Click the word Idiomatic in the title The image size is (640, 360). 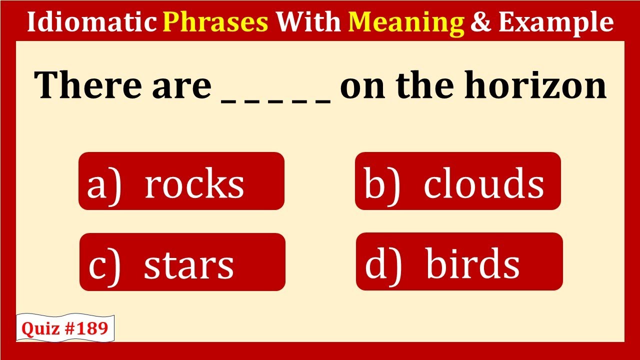tap(92, 21)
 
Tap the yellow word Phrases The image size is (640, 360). tap(215, 22)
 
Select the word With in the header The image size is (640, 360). tap(308, 21)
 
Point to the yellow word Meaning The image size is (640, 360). tap(406, 23)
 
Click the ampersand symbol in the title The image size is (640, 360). tap(481, 22)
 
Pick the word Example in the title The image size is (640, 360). tap(556, 23)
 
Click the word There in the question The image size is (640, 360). tap(88, 85)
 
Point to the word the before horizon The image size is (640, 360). tap(424, 85)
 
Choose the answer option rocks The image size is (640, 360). tap(181, 181)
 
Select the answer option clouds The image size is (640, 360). tap(458, 181)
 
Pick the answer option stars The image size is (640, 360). tap(182, 262)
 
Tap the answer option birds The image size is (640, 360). tap(459, 261)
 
